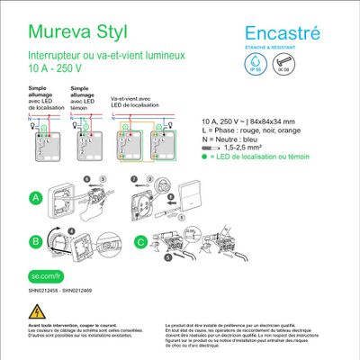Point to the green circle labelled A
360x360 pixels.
coord(36,197)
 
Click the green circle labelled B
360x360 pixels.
coord(36,240)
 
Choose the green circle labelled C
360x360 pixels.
coord(140,240)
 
